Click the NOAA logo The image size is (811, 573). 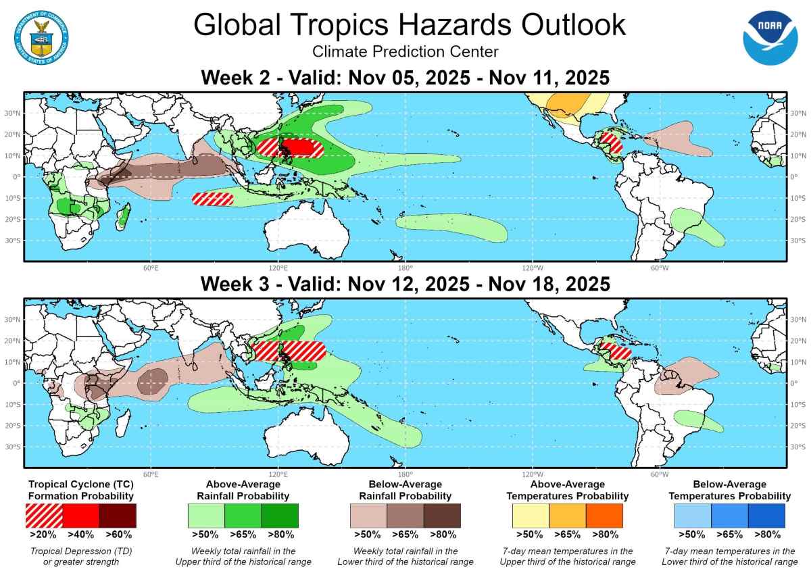(x=770, y=37)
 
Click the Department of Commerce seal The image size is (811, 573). (x=40, y=37)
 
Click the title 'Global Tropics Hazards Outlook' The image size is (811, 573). (x=410, y=25)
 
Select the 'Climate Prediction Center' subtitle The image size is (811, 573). (x=405, y=51)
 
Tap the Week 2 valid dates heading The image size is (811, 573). (x=405, y=78)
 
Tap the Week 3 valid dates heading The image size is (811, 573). (x=405, y=284)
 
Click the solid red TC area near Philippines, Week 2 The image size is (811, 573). (x=301, y=147)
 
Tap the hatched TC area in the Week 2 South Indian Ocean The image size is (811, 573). (x=213, y=199)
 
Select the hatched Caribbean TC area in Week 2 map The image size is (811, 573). (x=611, y=144)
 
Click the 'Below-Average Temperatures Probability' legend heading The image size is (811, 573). (x=729, y=490)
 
